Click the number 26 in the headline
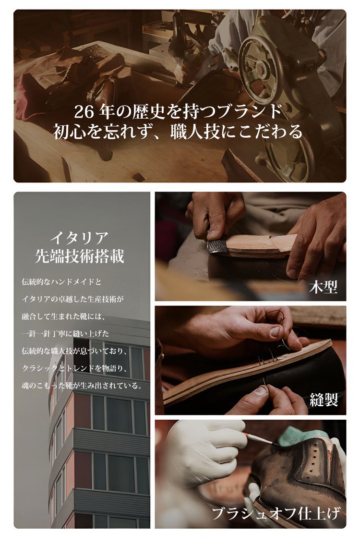84,112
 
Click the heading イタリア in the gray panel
80,239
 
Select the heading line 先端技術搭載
80,256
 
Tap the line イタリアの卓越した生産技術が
73,299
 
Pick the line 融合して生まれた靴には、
63,316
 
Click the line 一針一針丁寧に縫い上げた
65,334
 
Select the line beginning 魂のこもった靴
82,386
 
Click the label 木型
323,287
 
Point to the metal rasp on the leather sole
217,246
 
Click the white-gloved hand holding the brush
205,450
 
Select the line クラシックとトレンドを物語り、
76,368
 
